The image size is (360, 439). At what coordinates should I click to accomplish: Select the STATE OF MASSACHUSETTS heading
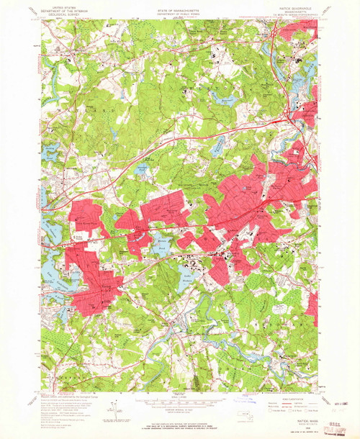click(x=179, y=8)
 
